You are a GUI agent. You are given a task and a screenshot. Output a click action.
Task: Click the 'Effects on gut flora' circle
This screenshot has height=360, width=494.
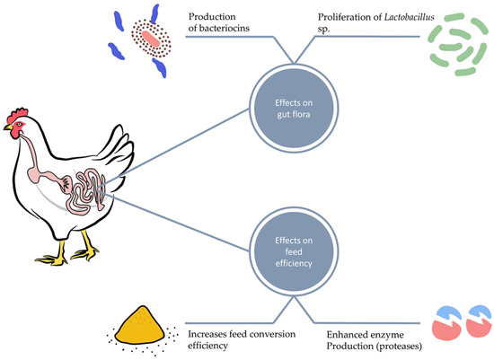coord(288,106)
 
